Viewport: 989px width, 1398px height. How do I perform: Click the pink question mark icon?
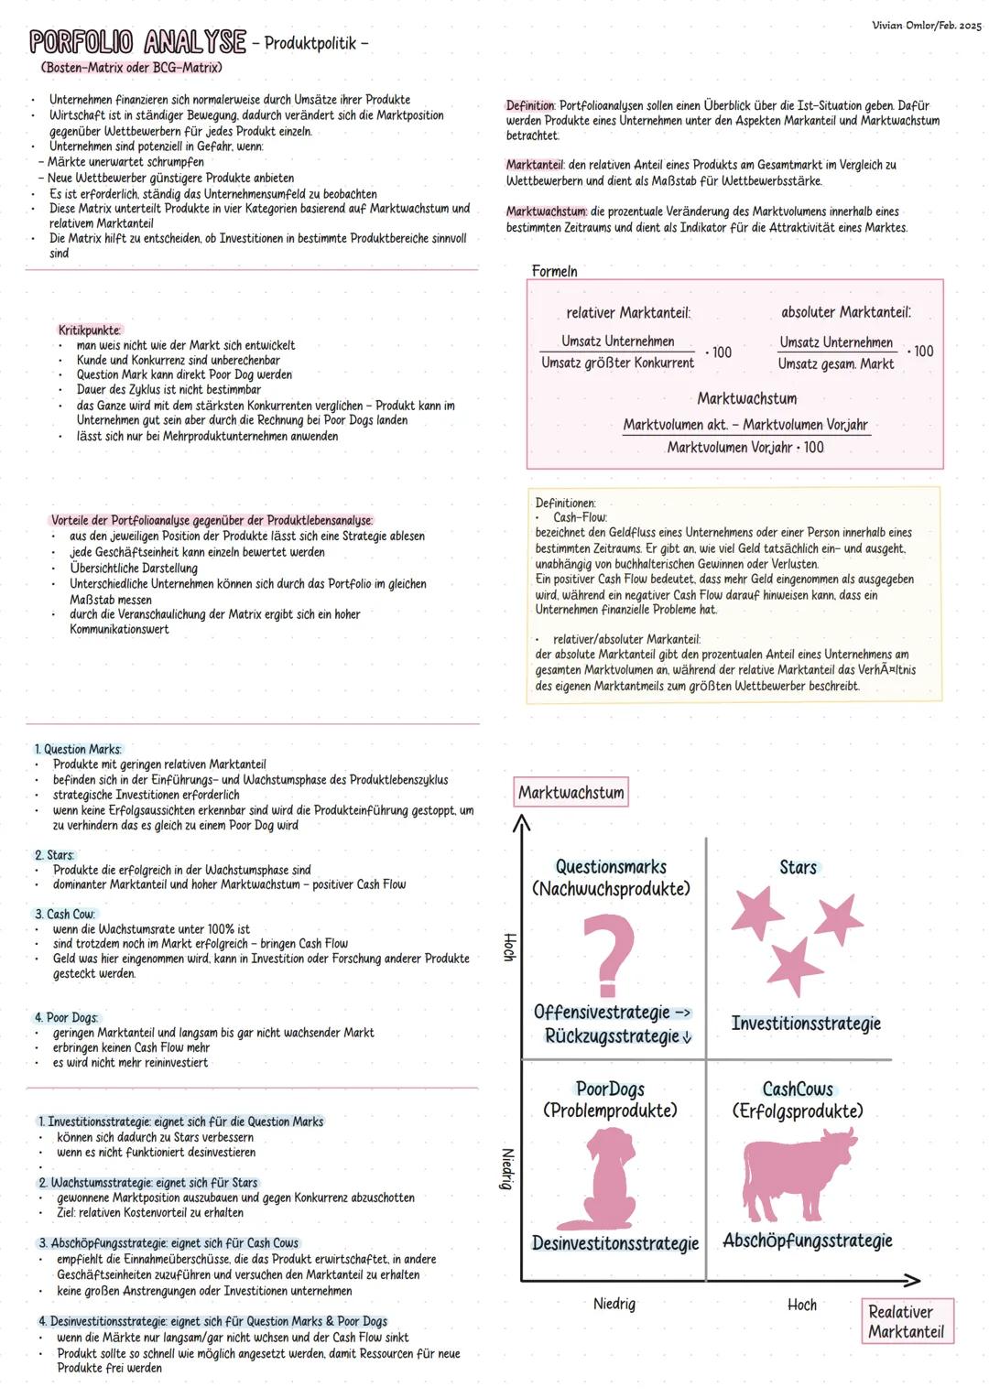click(x=610, y=956)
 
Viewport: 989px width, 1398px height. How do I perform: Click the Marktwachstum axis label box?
click(x=571, y=793)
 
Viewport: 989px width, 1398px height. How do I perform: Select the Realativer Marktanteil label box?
click(x=906, y=1321)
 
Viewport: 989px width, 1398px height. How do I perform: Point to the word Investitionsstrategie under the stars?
click(x=806, y=1023)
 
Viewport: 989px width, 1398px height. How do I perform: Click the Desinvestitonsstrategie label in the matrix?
click(x=614, y=1243)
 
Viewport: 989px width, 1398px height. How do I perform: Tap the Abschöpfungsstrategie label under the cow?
click(x=807, y=1241)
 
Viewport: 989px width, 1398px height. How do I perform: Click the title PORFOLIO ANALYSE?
click(x=137, y=42)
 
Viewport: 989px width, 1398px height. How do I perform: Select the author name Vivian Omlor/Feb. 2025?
click(x=926, y=25)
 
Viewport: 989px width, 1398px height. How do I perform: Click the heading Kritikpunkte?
click(x=89, y=330)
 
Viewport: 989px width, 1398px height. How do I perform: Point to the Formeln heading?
click(x=554, y=271)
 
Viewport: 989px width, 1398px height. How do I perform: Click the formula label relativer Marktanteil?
click(x=628, y=313)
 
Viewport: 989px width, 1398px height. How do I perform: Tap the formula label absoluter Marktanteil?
click(x=845, y=312)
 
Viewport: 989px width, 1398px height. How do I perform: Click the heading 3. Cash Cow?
click(x=64, y=914)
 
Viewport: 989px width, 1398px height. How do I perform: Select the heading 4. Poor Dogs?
click(x=66, y=1017)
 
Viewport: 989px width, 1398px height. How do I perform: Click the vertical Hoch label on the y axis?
click(x=510, y=947)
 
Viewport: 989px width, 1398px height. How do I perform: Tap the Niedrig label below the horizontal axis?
click(x=614, y=1304)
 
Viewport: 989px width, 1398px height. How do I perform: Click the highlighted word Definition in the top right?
click(x=530, y=105)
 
